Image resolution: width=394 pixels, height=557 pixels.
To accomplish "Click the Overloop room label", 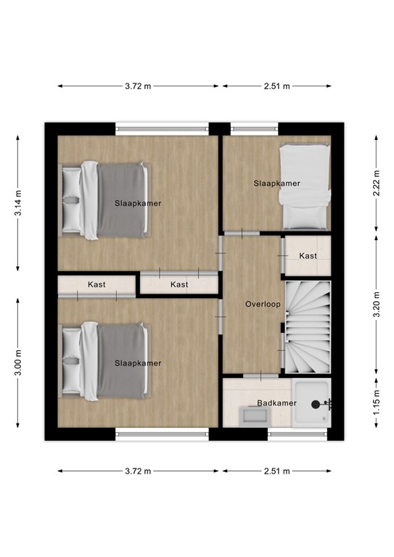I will tap(263, 304).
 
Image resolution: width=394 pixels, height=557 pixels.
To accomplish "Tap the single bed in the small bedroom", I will tap(304, 186).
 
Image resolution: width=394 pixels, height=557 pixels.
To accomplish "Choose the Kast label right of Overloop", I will tap(308, 256).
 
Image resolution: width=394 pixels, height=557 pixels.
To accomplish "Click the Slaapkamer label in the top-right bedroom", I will tap(276, 183).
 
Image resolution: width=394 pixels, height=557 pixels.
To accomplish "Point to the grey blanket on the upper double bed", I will tap(123, 200).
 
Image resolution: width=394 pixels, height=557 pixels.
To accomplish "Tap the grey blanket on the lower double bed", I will tap(123, 360).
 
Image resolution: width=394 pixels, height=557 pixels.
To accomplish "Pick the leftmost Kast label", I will tap(97, 284).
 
